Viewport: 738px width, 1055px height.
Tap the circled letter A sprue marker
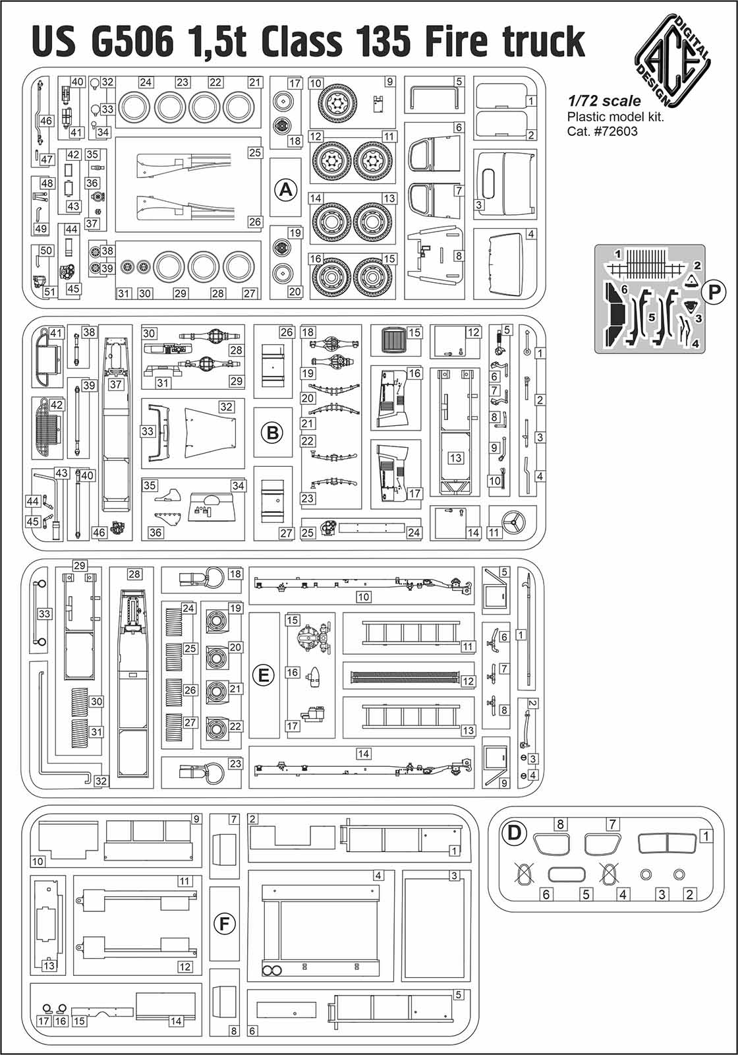[x=285, y=190]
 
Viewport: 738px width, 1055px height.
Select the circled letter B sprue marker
[x=271, y=433]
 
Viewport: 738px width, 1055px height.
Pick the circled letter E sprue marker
[x=264, y=675]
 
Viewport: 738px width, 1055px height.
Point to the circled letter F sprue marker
[x=224, y=924]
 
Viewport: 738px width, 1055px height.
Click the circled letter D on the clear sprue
[x=514, y=833]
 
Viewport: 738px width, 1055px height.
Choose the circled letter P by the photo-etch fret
[x=714, y=292]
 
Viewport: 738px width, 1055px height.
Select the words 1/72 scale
[x=604, y=101]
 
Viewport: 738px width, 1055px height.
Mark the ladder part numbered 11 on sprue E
[x=409, y=634]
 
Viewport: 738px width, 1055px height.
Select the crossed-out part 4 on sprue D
[x=608, y=874]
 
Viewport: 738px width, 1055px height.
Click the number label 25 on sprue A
[x=255, y=152]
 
